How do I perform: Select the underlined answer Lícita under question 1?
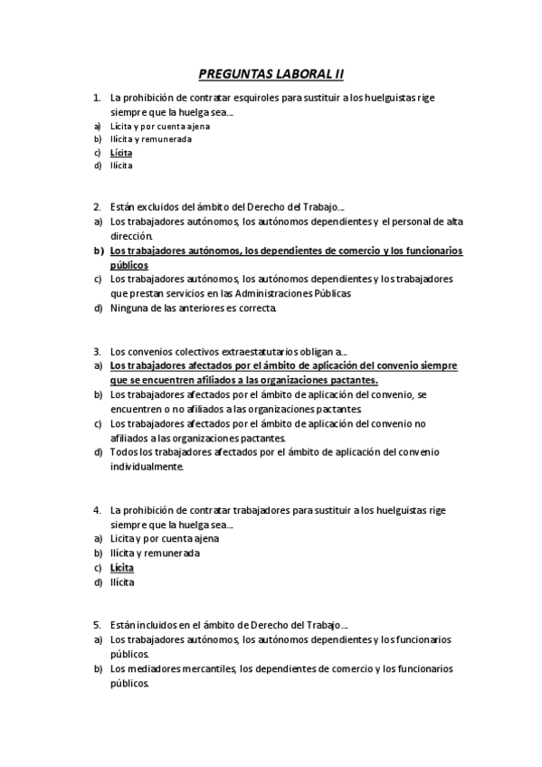(x=121, y=153)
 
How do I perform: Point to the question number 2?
(x=97, y=207)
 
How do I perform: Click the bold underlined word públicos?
(x=128, y=265)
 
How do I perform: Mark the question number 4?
(x=97, y=510)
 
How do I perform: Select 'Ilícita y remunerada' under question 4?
(x=155, y=553)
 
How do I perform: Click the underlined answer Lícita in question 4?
(x=122, y=567)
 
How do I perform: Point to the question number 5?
(x=97, y=625)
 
